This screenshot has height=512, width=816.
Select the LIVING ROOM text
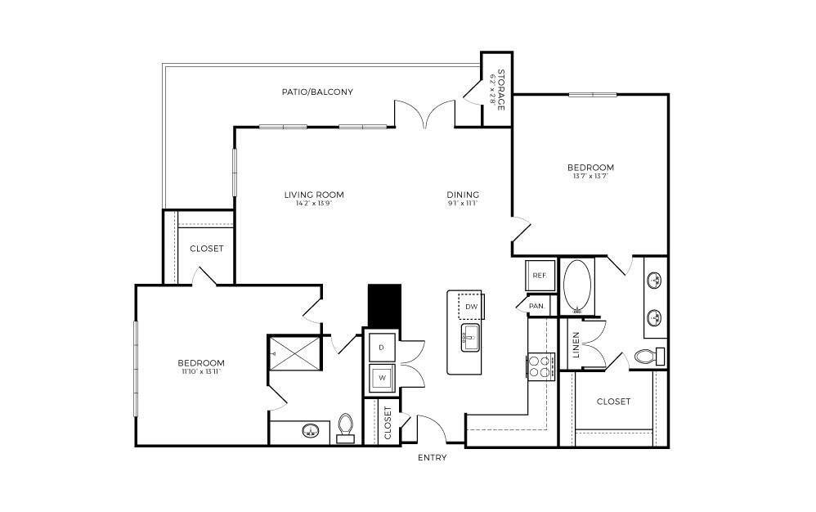(x=314, y=195)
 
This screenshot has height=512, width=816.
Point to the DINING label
(x=463, y=195)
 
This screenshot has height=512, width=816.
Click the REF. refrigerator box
(x=540, y=276)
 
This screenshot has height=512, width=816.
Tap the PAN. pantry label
(x=537, y=305)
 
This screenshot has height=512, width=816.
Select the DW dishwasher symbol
(x=470, y=307)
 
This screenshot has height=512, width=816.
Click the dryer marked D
(x=381, y=348)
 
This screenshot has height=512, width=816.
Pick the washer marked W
(x=381, y=378)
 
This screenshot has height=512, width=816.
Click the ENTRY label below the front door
(x=432, y=458)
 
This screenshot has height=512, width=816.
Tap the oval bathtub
(x=579, y=287)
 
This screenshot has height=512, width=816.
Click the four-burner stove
(x=540, y=366)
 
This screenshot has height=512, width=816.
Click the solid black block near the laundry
(x=384, y=306)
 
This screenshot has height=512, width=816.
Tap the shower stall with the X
(x=297, y=353)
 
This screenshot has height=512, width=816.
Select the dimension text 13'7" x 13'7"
(x=590, y=177)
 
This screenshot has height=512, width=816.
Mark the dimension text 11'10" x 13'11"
(x=201, y=371)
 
